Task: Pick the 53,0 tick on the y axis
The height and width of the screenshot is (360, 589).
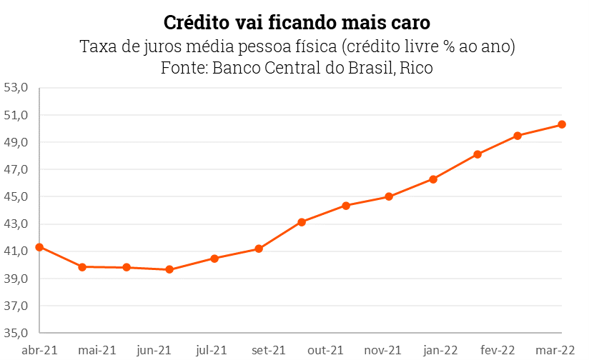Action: click(16, 88)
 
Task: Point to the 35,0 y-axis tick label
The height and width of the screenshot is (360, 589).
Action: click(16, 333)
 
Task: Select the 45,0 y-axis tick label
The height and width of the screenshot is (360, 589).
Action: click(16, 196)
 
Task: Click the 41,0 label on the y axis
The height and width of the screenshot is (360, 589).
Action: click(16, 251)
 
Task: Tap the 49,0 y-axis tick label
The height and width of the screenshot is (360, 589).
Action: click(16, 142)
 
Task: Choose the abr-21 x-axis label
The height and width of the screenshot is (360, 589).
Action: click(40, 350)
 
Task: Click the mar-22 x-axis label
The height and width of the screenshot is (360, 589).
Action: click(555, 350)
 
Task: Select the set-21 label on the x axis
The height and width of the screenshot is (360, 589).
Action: click(269, 350)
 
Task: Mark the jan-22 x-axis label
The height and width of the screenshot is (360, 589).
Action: click(440, 350)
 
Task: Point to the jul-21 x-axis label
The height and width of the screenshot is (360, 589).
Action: click(212, 350)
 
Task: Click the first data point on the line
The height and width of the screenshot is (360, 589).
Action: click(39, 247)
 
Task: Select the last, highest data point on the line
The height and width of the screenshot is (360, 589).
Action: click(562, 124)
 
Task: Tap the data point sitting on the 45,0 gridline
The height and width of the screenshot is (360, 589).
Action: click(389, 196)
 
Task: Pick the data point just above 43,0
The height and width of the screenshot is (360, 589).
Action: click(302, 222)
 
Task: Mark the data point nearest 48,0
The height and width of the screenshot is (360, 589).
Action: click(477, 154)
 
